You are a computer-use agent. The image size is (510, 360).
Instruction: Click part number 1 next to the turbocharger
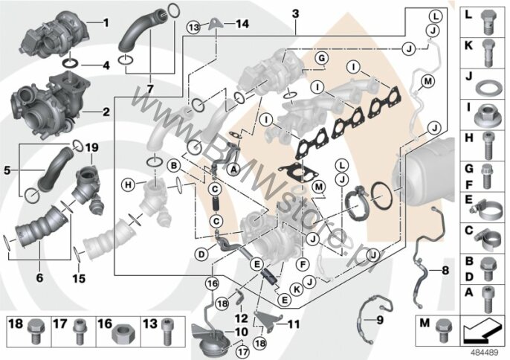click(106, 23)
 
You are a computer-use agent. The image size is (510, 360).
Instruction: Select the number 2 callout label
click(106, 112)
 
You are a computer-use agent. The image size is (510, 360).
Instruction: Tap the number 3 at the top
click(295, 14)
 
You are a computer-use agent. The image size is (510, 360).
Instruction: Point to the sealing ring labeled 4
click(71, 63)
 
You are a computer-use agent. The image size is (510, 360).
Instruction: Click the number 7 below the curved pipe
click(149, 89)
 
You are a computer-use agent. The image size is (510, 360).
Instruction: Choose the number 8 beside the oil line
click(445, 270)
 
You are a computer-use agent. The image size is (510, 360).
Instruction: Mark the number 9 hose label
click(380, 321)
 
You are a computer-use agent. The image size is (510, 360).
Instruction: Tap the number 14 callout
click(242, 24)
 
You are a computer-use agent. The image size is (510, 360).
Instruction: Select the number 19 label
click(91, 147)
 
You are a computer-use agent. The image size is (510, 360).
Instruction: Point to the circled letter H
click(129, 185)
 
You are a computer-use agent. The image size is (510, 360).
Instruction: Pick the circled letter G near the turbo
click(321, 58)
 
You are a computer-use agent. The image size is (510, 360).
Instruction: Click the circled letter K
click(297, 289)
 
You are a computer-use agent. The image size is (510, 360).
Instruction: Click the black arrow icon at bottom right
click(481, 330)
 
